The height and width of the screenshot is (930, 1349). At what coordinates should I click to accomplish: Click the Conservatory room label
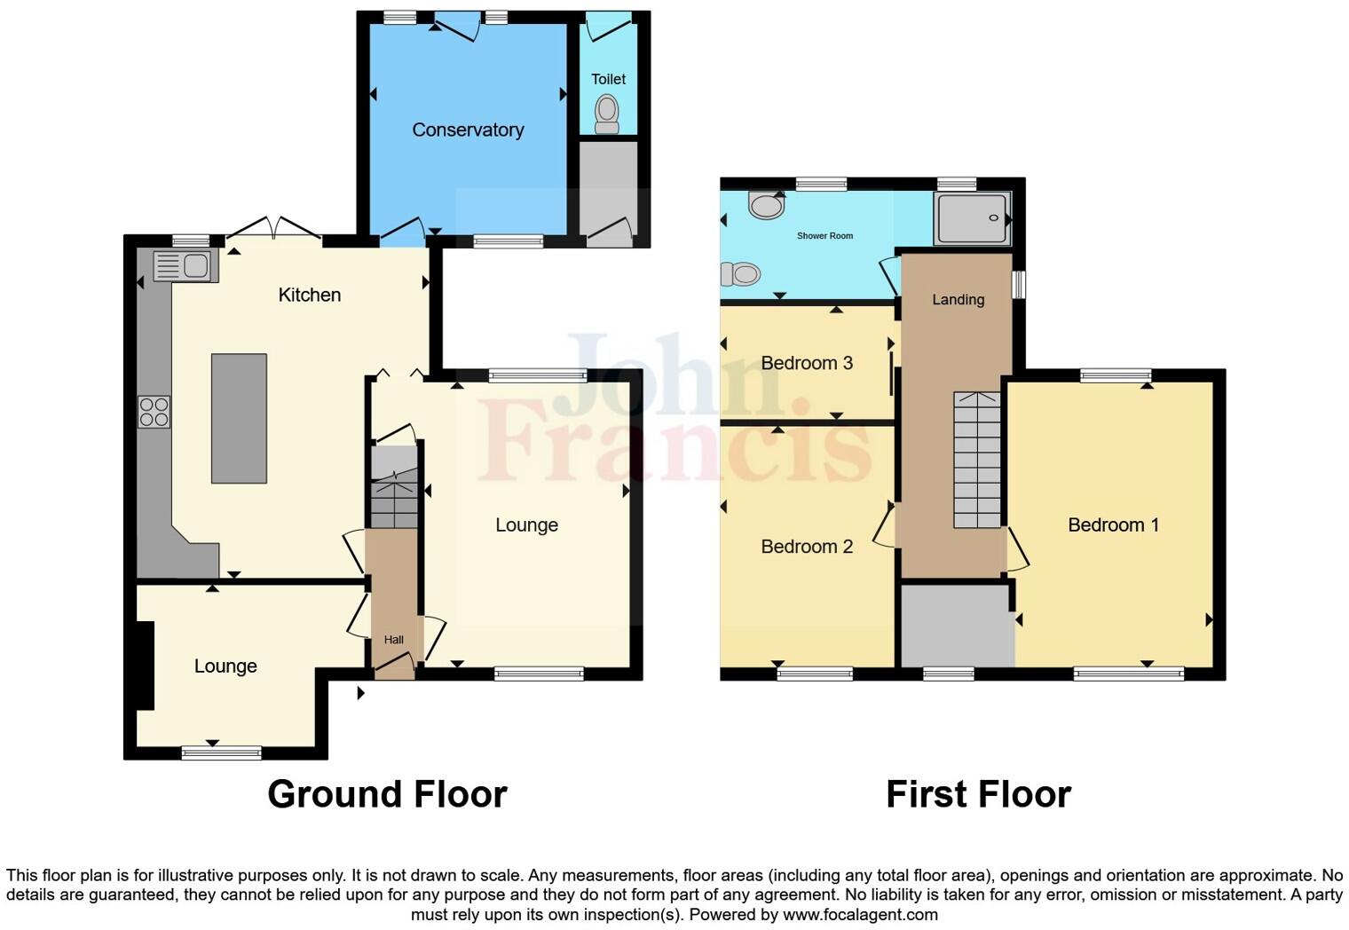click(x=468, y=130)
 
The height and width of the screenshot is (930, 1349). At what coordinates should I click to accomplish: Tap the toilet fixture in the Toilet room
click(x=607, y=114)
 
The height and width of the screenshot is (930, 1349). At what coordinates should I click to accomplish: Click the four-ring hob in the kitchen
click(x=154, y=412)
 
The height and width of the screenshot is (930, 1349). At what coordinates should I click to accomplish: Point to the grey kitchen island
click(x=239, y=418)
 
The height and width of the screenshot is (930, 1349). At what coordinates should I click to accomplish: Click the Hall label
click(x=393, y=640)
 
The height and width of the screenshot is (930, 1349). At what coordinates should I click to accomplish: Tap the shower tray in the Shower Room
click(x=973, y=218)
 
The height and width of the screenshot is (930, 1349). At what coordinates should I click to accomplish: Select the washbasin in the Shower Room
click(x=766, y=205)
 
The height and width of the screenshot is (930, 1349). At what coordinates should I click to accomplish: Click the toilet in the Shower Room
click(x=740, y=273)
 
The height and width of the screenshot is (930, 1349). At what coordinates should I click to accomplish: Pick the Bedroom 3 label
click(x=807, y=363)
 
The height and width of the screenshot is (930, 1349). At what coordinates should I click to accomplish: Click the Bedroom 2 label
click(x=807, y=547)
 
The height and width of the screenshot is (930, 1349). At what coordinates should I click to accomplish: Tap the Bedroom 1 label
click(x=1113, y=525)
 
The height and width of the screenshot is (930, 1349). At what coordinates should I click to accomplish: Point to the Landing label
click(x=958, y=300)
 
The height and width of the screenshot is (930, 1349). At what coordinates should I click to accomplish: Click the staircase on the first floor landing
click(x=977, y=461)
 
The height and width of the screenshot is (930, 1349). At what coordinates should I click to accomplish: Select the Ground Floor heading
click(x=387, y=794)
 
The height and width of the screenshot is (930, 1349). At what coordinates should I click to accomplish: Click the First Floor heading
click(x=978, y=794)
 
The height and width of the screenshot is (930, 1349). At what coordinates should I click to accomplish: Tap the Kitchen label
click(x=309, y=295)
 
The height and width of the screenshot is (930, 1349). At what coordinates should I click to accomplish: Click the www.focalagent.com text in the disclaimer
click(x=860, y=915)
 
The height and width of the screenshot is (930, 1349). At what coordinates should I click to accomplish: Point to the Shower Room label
click(x=824, y=236)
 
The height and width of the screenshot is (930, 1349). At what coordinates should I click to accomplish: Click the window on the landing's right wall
click(x=1019, y=284)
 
